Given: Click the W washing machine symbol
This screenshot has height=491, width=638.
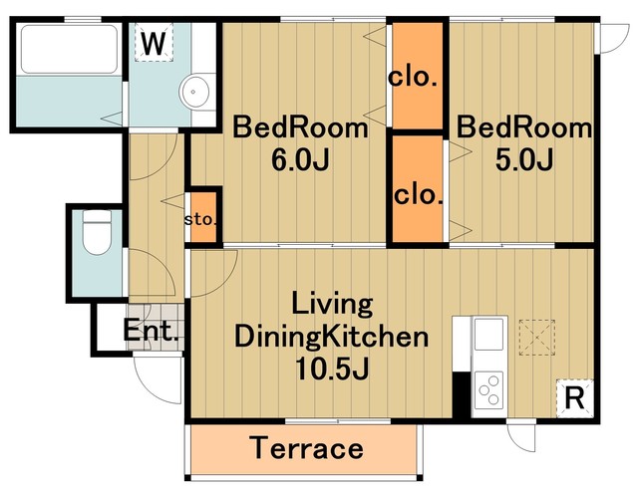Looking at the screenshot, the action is tap(154, 42).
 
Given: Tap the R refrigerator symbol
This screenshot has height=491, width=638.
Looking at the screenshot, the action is tap(575, 398).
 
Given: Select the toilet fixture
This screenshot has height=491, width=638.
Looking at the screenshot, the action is tap(97, 232).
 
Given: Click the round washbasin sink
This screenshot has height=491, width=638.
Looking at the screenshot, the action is tap(195, 92).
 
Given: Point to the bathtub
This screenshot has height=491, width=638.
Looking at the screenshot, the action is tap(69, 49).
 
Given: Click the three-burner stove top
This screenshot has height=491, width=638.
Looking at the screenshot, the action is tap(488, 390).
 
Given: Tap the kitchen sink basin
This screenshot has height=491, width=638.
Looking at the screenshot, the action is tap(488, 334).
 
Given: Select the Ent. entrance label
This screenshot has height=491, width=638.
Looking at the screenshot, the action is tap(151, 331).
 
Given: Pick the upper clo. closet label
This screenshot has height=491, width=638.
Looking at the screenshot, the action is tap(413, 77).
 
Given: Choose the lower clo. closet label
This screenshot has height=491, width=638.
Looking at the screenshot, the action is tap(418, 195).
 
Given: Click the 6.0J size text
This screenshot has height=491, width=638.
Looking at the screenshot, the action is tap(300, 160).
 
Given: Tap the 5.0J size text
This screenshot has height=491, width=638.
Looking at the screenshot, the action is tap(524, 160).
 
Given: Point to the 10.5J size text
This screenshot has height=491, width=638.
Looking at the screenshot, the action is tap(332, 368).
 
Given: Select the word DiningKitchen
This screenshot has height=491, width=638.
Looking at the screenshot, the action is tap(332, 338).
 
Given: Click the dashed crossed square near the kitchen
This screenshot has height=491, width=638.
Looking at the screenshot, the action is tap(537, 338).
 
